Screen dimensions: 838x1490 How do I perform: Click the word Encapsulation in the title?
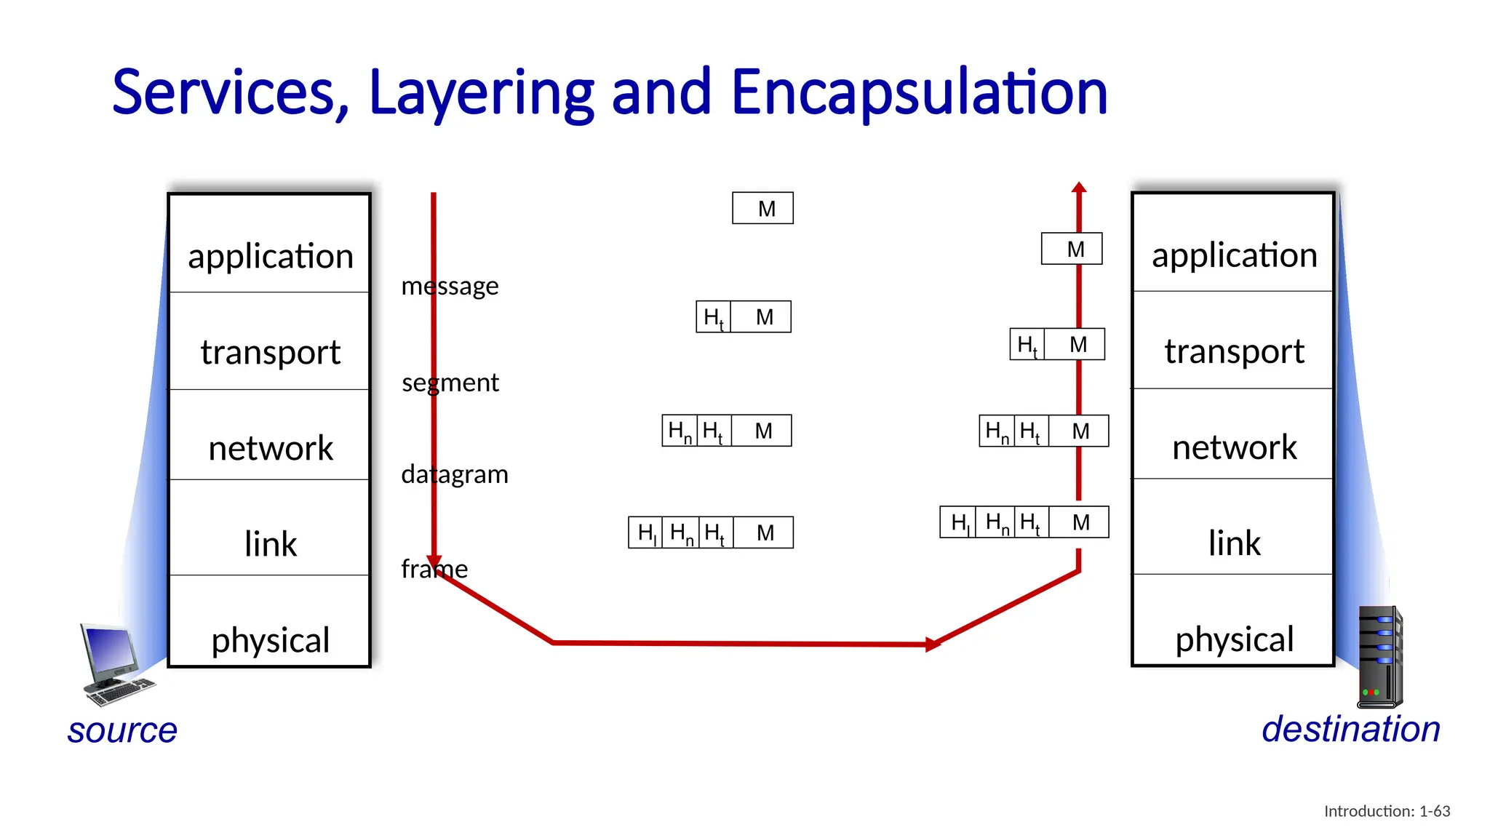pos(918,92)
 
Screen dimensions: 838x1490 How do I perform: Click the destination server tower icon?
pos(1379,657)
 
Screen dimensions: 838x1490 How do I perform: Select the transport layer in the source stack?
pos(270,352)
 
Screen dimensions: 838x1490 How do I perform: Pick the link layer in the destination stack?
pos(1233,543)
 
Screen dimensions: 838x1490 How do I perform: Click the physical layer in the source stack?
pos(270,639)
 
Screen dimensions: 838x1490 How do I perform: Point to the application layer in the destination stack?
pos(1233,255)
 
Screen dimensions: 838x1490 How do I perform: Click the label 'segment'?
pos(450,383)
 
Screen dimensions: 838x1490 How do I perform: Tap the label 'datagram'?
pos(455,474)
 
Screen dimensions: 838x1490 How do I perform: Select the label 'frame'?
pos(434,569)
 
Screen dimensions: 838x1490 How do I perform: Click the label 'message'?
pos(450,286)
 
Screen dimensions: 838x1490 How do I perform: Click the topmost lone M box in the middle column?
pos(762,209)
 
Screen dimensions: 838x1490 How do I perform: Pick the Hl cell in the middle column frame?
pos(646,532)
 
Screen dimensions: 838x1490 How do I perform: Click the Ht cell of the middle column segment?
pos(713,317)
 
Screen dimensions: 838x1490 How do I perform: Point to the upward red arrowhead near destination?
pos(1079,188)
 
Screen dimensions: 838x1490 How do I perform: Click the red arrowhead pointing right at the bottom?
pos(932,644)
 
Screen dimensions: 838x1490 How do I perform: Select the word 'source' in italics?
pos(122,730)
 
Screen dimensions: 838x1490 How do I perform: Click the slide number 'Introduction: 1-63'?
pos(1387,811)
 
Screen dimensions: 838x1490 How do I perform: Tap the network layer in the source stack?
pos(270,448)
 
